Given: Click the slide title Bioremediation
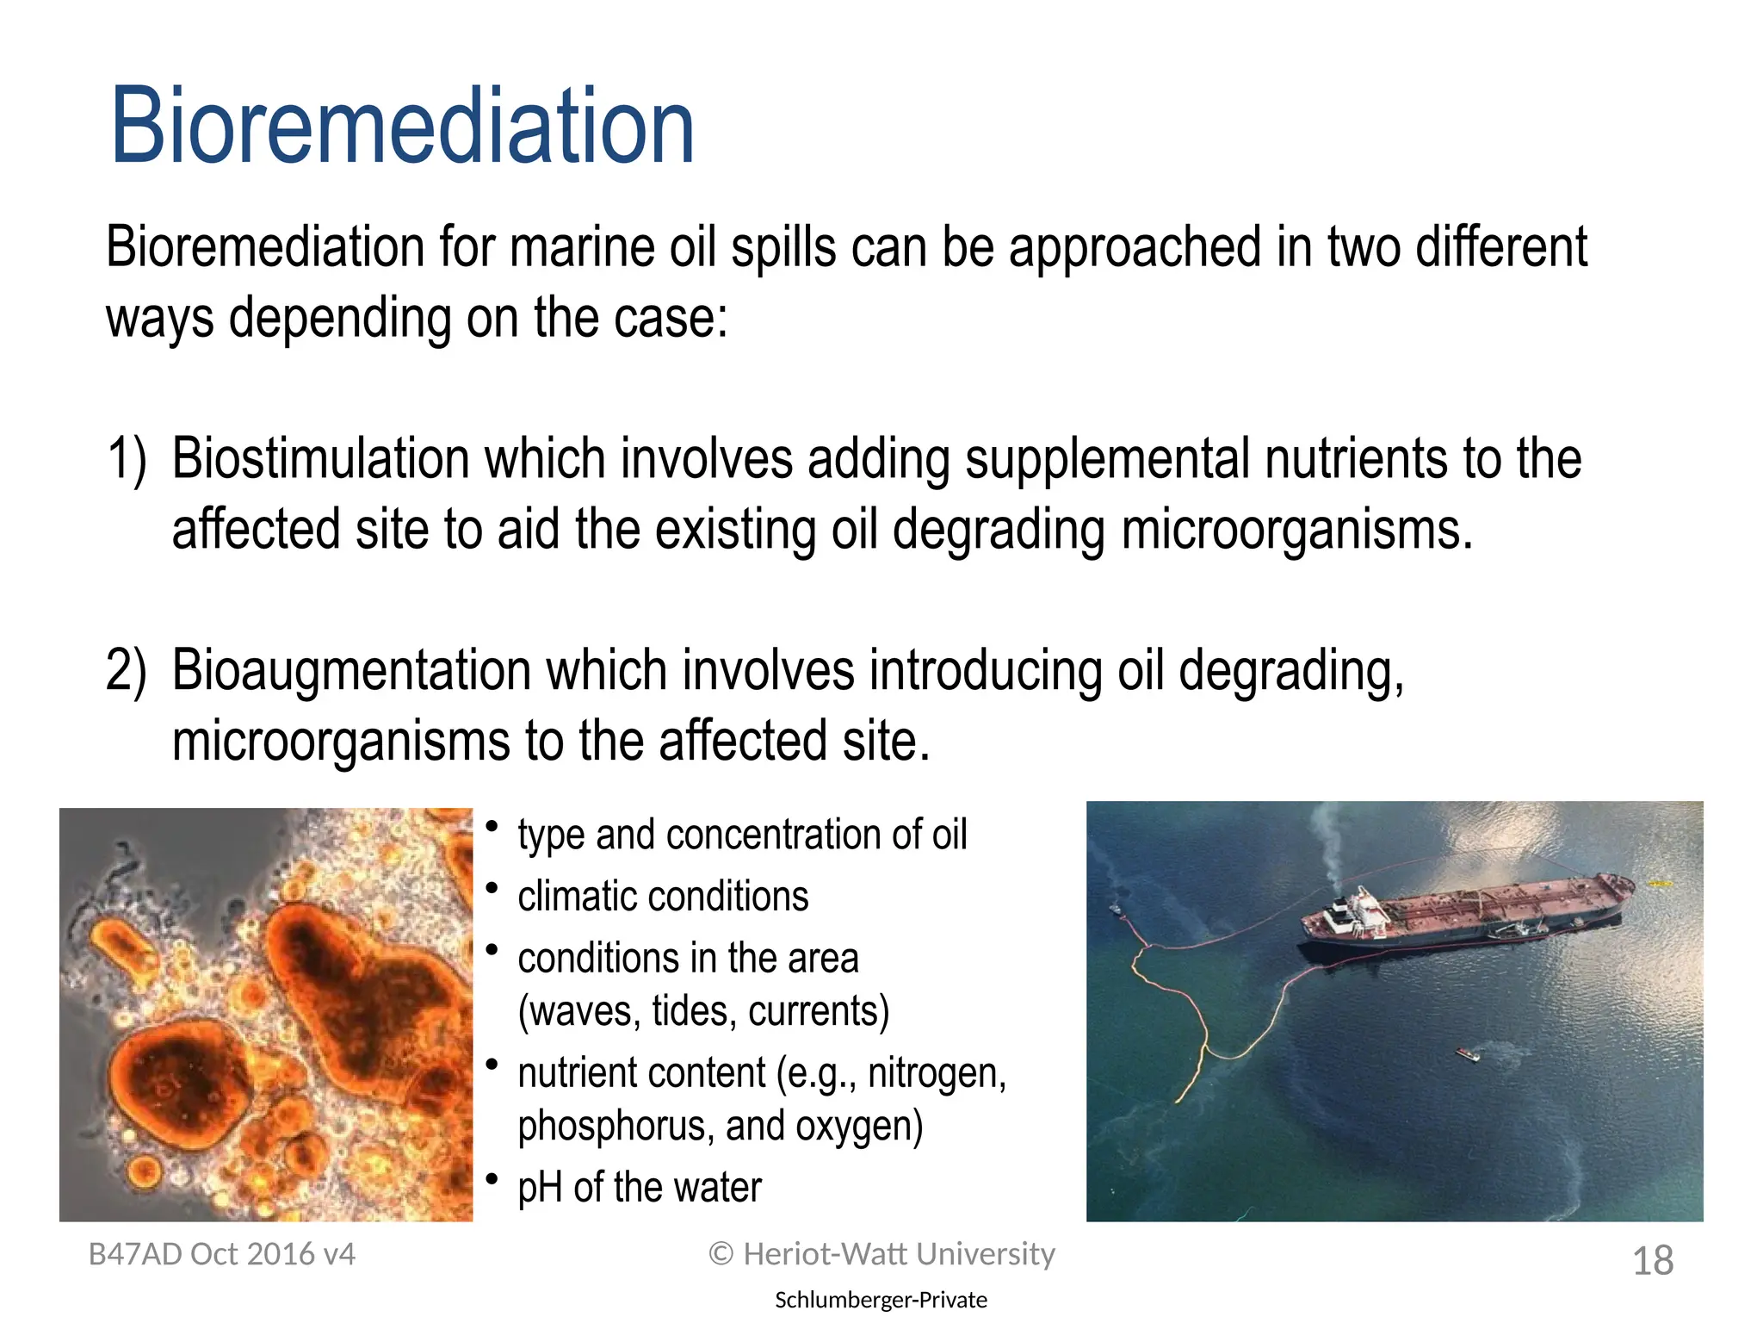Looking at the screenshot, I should point(402,127).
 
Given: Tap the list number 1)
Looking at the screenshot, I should point(127,459).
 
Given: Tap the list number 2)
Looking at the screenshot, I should point(127,671).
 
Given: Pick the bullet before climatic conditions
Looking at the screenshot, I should point(492,888).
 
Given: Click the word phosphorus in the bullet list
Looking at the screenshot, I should point(615,1127).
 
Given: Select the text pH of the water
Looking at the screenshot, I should point(639,1188).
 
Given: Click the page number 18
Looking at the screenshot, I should point(1652,1261).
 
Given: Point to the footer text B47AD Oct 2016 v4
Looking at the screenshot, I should point(222,1254).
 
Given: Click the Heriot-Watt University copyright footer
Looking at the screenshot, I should point(881,1254).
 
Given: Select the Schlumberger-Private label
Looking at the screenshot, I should point(881,1300).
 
